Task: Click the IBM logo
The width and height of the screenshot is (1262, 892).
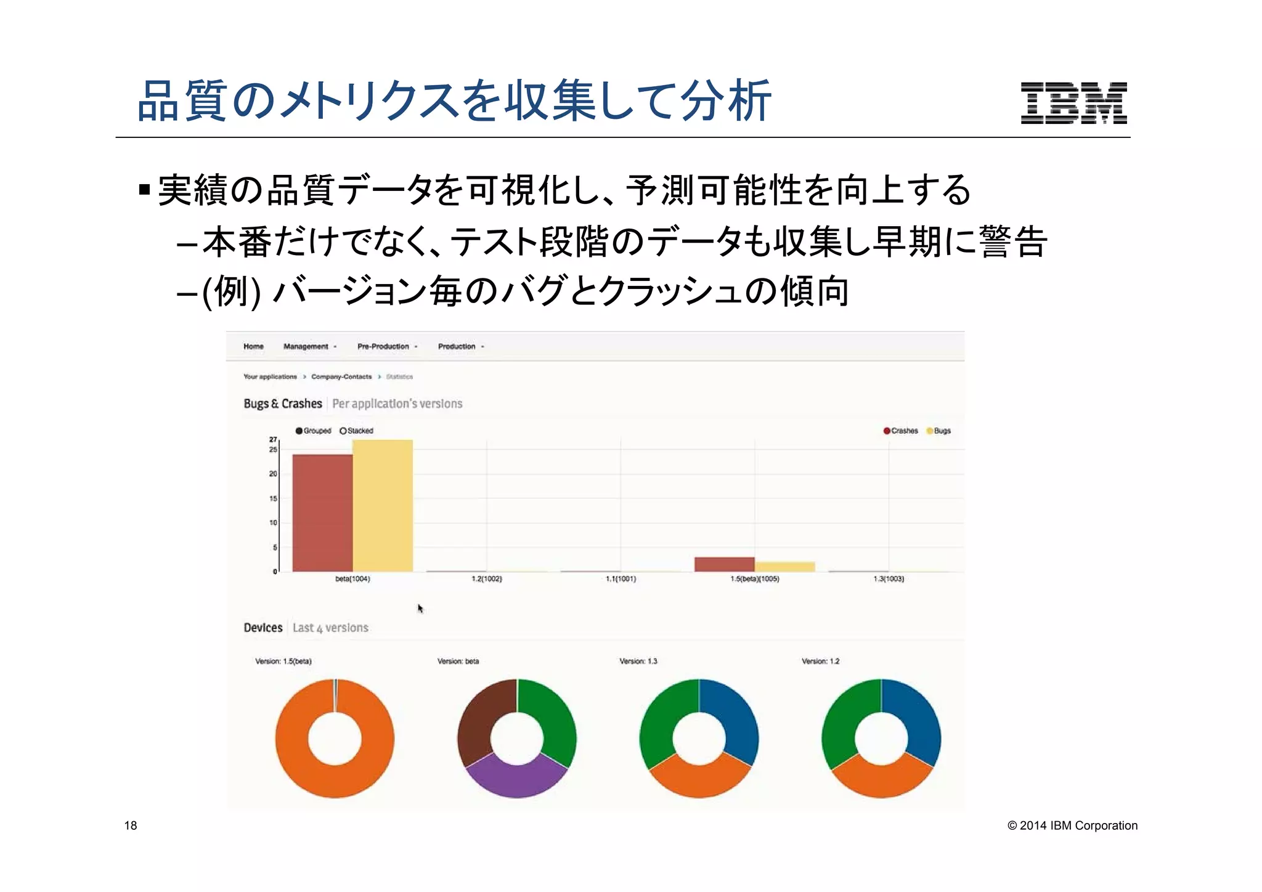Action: click(x=1073, y=103)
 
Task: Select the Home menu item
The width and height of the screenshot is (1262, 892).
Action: click(x=253, y=346)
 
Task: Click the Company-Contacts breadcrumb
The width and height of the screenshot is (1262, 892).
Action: click(x=341, y=376)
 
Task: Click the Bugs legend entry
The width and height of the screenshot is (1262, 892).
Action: click(x=938, y=431)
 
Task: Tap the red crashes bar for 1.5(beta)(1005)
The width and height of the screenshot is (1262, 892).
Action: click(x=724, y=564)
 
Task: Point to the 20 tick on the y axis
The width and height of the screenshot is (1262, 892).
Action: click(x=273, y=474)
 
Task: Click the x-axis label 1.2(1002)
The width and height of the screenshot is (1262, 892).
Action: click(x=486, y=579)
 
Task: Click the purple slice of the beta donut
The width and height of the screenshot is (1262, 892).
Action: click(x=516, y=780)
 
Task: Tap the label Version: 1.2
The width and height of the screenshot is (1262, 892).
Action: click(x=820, y=661)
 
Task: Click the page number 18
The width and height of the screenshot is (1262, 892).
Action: click(x=131, y=825)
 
